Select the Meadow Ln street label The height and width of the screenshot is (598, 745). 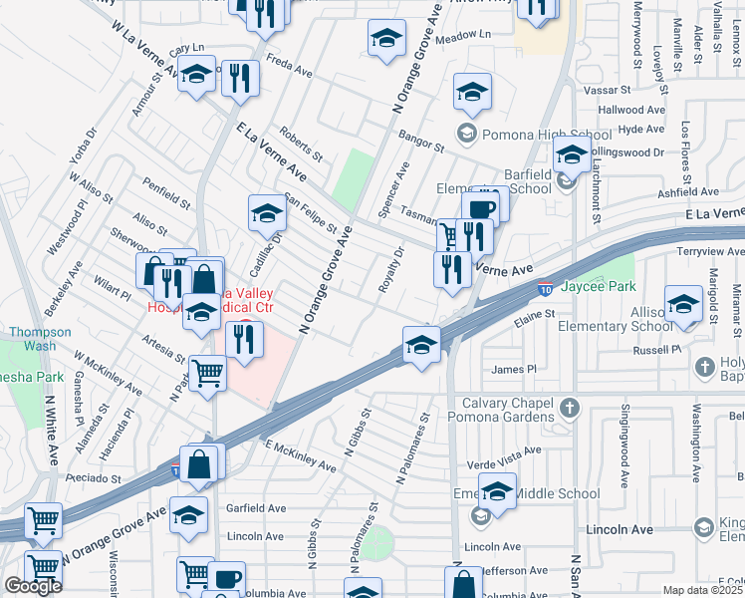tap(464, 34)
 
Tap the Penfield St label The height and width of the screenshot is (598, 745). tap(165, 194)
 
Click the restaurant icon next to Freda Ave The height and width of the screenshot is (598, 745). tap(239, 78)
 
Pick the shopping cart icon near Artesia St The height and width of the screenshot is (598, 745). tap(207, 374)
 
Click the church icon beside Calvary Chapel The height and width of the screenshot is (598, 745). tap(569, 407)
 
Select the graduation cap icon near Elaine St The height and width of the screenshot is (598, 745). tap(421, 346)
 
